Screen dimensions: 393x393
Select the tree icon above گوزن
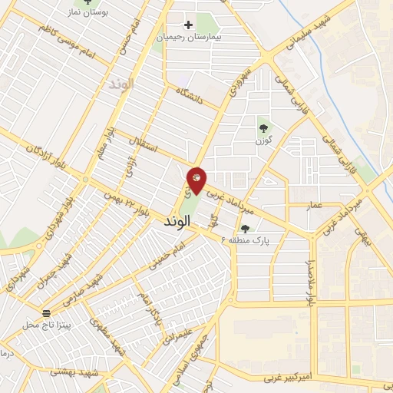pos(264,128)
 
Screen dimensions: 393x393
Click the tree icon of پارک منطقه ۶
pos(245,228)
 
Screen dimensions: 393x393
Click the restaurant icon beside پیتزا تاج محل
pos(48,312)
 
